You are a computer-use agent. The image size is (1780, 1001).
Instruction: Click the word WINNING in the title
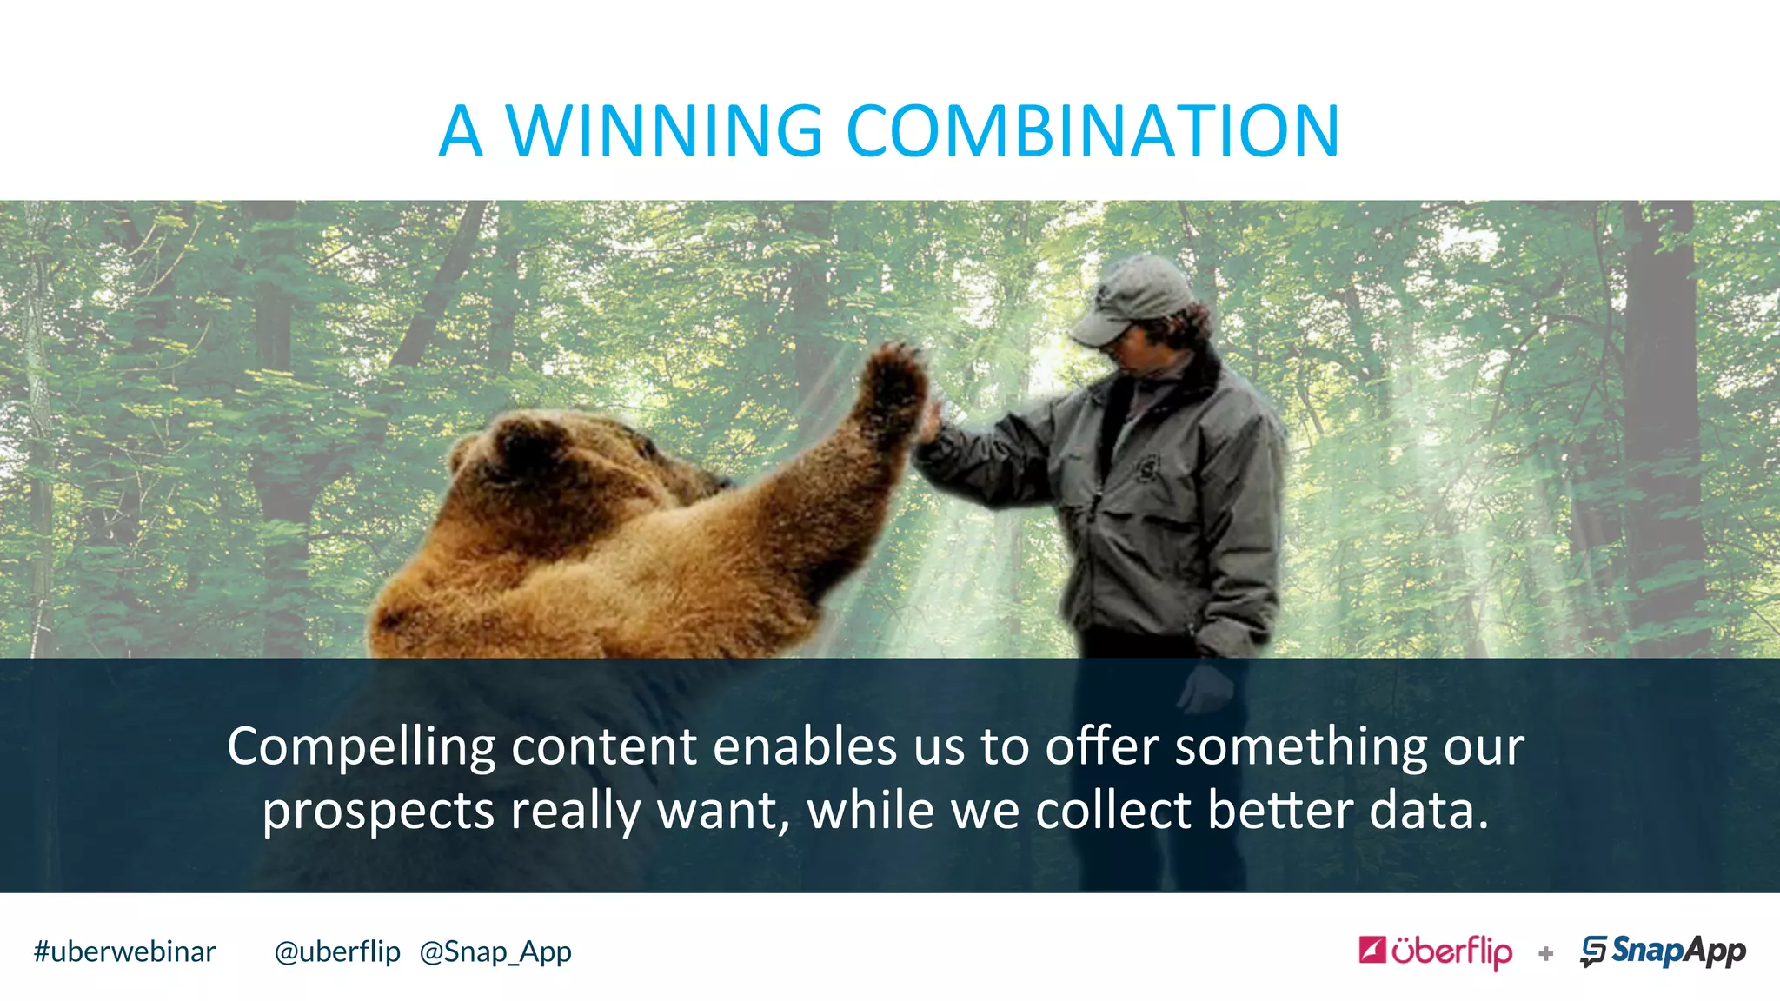click(663, 131)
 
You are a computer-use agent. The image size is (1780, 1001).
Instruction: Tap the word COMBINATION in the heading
click(1093, 131)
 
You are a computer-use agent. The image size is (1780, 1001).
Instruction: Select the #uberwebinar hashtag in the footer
click(124, 952)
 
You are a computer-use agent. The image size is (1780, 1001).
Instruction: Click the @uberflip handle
click(337, 952)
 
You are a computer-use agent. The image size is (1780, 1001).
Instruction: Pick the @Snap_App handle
click(495, 952)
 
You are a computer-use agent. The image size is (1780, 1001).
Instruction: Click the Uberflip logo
click(1436, 951)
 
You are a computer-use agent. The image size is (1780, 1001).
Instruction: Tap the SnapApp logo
click(1663, 951)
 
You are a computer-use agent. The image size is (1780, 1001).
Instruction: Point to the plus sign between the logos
click(1545, 954)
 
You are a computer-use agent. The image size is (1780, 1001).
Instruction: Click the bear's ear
click(521, 443)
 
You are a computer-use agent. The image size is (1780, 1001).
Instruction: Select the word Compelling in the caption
click(361, 747)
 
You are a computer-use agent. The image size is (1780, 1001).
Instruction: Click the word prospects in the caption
click(378, 812)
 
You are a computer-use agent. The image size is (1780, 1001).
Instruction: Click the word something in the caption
click(1300, 747)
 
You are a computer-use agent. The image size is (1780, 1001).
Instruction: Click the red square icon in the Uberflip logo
click(1372, 950)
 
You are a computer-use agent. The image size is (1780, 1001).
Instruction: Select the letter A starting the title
click(460, 131)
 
